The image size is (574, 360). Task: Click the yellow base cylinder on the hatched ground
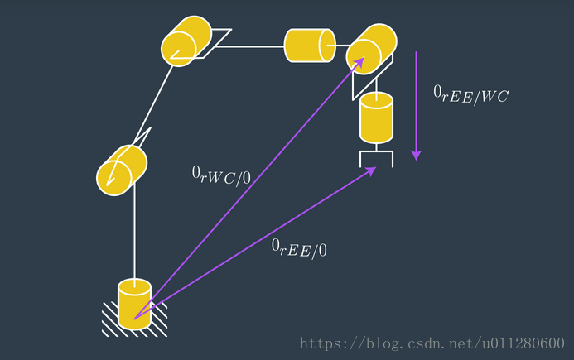coord(134,304)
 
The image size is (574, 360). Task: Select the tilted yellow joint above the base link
coord(122,170)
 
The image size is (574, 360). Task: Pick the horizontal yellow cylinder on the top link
coord(310,46)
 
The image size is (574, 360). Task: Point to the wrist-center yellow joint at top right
coord(371,47)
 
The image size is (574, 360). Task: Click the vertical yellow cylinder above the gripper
coord(376,118)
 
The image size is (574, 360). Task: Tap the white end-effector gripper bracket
coord(375,156)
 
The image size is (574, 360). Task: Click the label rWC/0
coord(221,175)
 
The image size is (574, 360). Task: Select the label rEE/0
coord(299,247)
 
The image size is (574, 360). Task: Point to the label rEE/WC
coord(470,95)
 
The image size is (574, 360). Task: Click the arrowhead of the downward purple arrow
coord(417,155)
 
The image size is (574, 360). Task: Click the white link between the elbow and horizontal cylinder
coord(248,46)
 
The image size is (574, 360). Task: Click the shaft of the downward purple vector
coord(417,99)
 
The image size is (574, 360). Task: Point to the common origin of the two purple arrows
coord(136,317)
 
